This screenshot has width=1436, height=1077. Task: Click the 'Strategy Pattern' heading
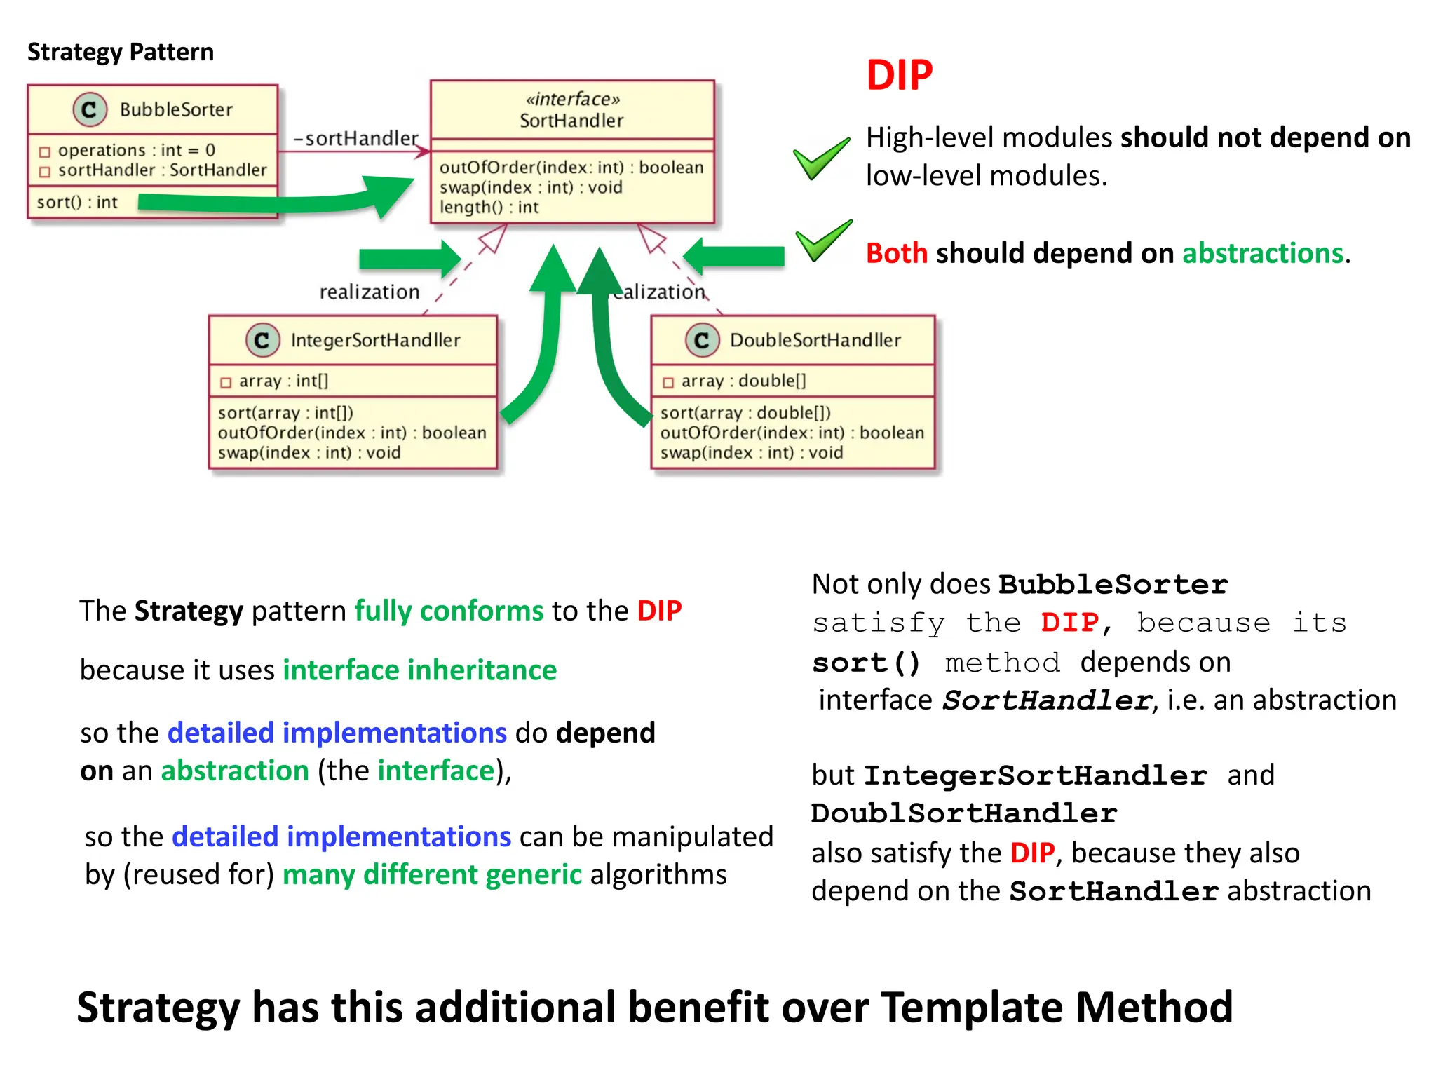[120, 53]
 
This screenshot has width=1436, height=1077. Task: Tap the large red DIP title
[899, 76]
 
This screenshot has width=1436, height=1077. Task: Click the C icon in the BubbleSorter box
[90, 109]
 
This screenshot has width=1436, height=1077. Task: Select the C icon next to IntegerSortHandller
[262, 340]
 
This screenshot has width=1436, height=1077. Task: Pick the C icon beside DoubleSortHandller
[702, 340]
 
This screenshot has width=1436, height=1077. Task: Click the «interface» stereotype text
[572, 100]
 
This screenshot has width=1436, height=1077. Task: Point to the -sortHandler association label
[355, 138]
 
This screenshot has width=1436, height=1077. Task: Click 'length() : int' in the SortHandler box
[489, 208]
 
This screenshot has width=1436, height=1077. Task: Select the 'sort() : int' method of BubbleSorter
[77, 203]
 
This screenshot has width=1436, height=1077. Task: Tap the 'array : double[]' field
[743, 381]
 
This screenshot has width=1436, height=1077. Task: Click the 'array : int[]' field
[283, 381]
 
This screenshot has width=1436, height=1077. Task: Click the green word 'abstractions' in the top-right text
[1262, 253]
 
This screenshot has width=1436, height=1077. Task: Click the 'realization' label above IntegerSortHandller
[370, 292]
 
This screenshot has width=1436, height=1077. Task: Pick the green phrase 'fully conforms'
[449, 611]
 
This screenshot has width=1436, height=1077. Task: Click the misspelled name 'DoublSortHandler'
[963, 814]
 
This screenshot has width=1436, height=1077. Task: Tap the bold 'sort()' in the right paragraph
[866, 663]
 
